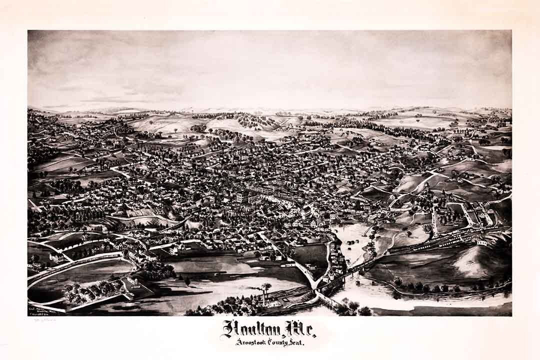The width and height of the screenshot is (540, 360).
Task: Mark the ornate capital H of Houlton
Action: click(x=229, y=328)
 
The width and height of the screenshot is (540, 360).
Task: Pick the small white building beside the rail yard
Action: click(x=481, y=242)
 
